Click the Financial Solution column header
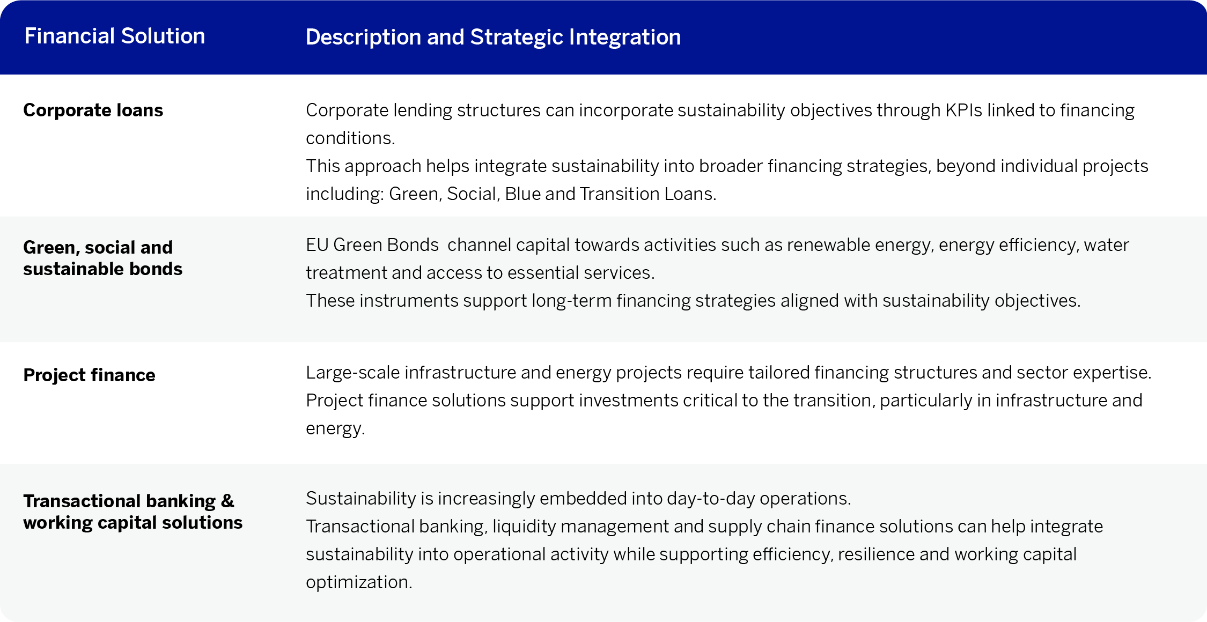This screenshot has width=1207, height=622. pos(115,36)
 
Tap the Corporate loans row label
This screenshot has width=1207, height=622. pos(93,110)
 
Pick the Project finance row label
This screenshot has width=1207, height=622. pos(89,375)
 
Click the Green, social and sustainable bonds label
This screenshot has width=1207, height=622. pos(102,258)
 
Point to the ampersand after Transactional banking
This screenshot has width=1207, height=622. pos(227,501)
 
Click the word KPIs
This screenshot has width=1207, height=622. pos(963,110)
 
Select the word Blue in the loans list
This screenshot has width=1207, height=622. pos(522,194)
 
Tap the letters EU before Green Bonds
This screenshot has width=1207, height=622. pos(317,245)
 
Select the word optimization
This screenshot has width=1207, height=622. pos(359,582)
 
